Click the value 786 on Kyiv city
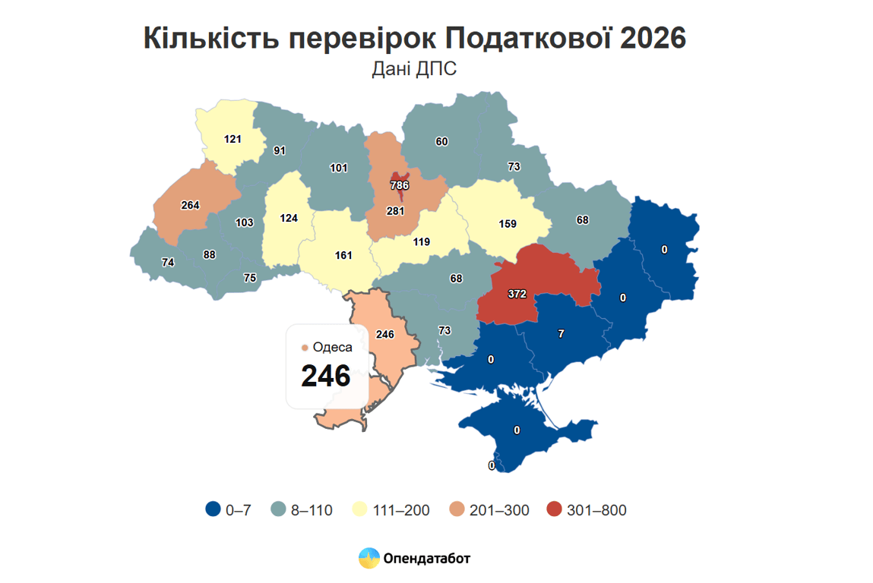pos(399,184)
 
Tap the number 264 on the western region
pos(190,205)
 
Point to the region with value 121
pos(232,139)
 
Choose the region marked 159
pos(507,224)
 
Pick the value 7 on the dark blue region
pos(561,333)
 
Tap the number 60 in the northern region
pos(441,141)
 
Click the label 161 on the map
pos(343,255)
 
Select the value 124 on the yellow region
pos(288,219)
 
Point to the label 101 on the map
pos(339,167)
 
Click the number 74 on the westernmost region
pos(169,263)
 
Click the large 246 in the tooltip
pos(325,376)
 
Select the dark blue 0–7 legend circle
pos(214,509)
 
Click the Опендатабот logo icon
pos(368,558)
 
